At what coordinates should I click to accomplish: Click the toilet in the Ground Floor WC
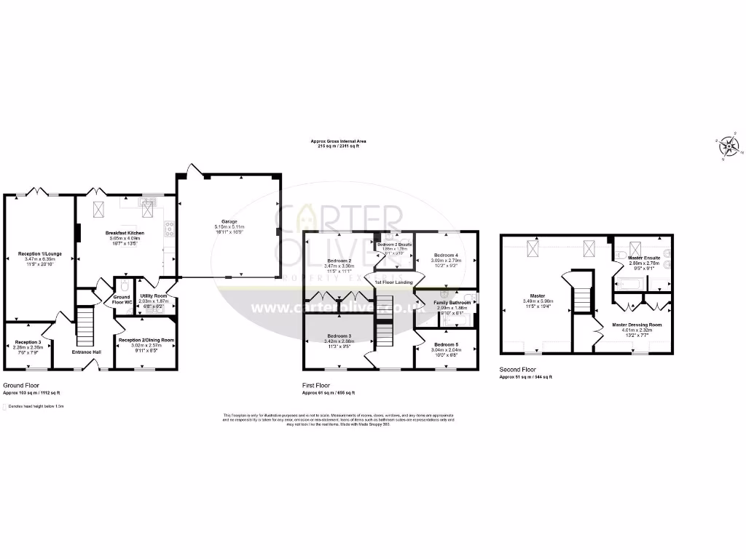tap(125, 285)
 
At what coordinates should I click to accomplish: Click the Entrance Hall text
tap(87, 352)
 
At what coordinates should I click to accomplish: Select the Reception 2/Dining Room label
tap(146, 340)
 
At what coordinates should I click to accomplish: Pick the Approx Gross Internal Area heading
tap(339, 141)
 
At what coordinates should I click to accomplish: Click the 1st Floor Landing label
tap(393, 282)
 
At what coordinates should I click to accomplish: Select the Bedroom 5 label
tap(446, 344)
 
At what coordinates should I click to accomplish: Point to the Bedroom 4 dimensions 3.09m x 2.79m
tap(446, 260)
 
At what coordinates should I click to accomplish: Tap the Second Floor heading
tap(518, 369)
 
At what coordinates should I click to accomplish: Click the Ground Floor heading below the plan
tap(22, 385)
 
